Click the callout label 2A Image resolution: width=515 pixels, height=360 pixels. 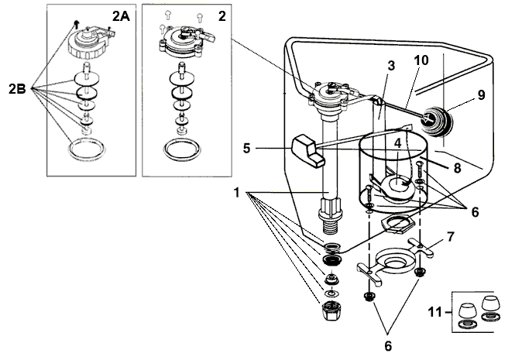pyautogui.click(x=122, y=16)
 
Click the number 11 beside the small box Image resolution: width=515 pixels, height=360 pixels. pyautogui.click(x=437, y=313)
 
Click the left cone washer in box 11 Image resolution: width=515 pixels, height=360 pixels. pyautogui.click(x=466, y=309)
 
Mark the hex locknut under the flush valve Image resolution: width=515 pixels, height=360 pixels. pyautogui.click(x=396, y=229)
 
